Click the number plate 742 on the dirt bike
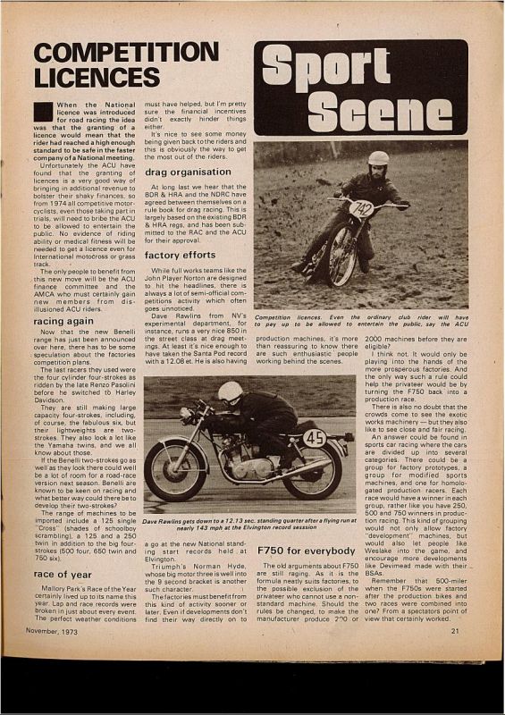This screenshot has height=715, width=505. (361, 209)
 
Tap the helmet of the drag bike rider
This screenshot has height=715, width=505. (231, 392)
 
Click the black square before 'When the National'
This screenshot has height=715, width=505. (43, 111)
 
